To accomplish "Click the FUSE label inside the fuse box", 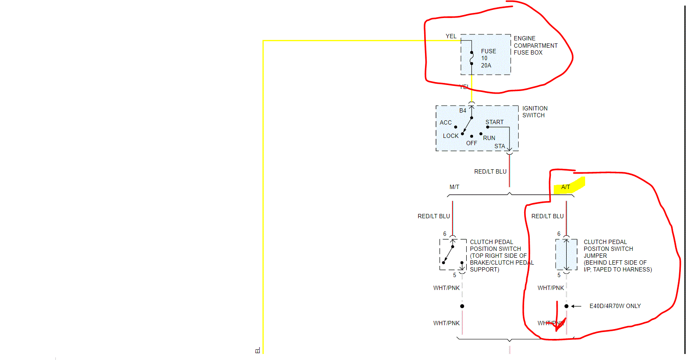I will pyautogui.click(x=488, y=51).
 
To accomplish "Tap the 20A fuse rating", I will pyautogui.click(x=486, y=65).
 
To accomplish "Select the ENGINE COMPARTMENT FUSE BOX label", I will pyautogui.click(x=535, y=46).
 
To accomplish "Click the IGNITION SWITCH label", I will pyautogui.click(x=534, y=112).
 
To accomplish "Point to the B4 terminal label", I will pyautogui.click(x=462, y=110).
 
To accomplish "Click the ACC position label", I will pyautogui.click(x=446, y=122).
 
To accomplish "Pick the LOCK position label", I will pyautogui.click(x=451, y=136).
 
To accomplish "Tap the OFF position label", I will pyautogui.click(x=471, y=143).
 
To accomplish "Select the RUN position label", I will pyautogui.click(x=489, y=138).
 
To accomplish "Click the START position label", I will pyautogui.click(x=494, y=122).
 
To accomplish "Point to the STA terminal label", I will pyautogui.click(x=499, y=146).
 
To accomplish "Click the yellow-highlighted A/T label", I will pyautogui.click(x=566, y=187).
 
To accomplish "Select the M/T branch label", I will pyautogui.click(x=454, y=187).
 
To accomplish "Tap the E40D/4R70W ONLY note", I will pyautogui.click(x=615, y=306).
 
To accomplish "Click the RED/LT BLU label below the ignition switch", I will pyautogui.click(x=490, y=171).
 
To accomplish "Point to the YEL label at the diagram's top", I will pyautogui.click(x=451, y=36).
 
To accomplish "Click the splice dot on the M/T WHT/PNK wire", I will pyautogui.click(x=462, y=306).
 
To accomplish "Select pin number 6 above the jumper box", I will pyautogui.click(x=559, y=234).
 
